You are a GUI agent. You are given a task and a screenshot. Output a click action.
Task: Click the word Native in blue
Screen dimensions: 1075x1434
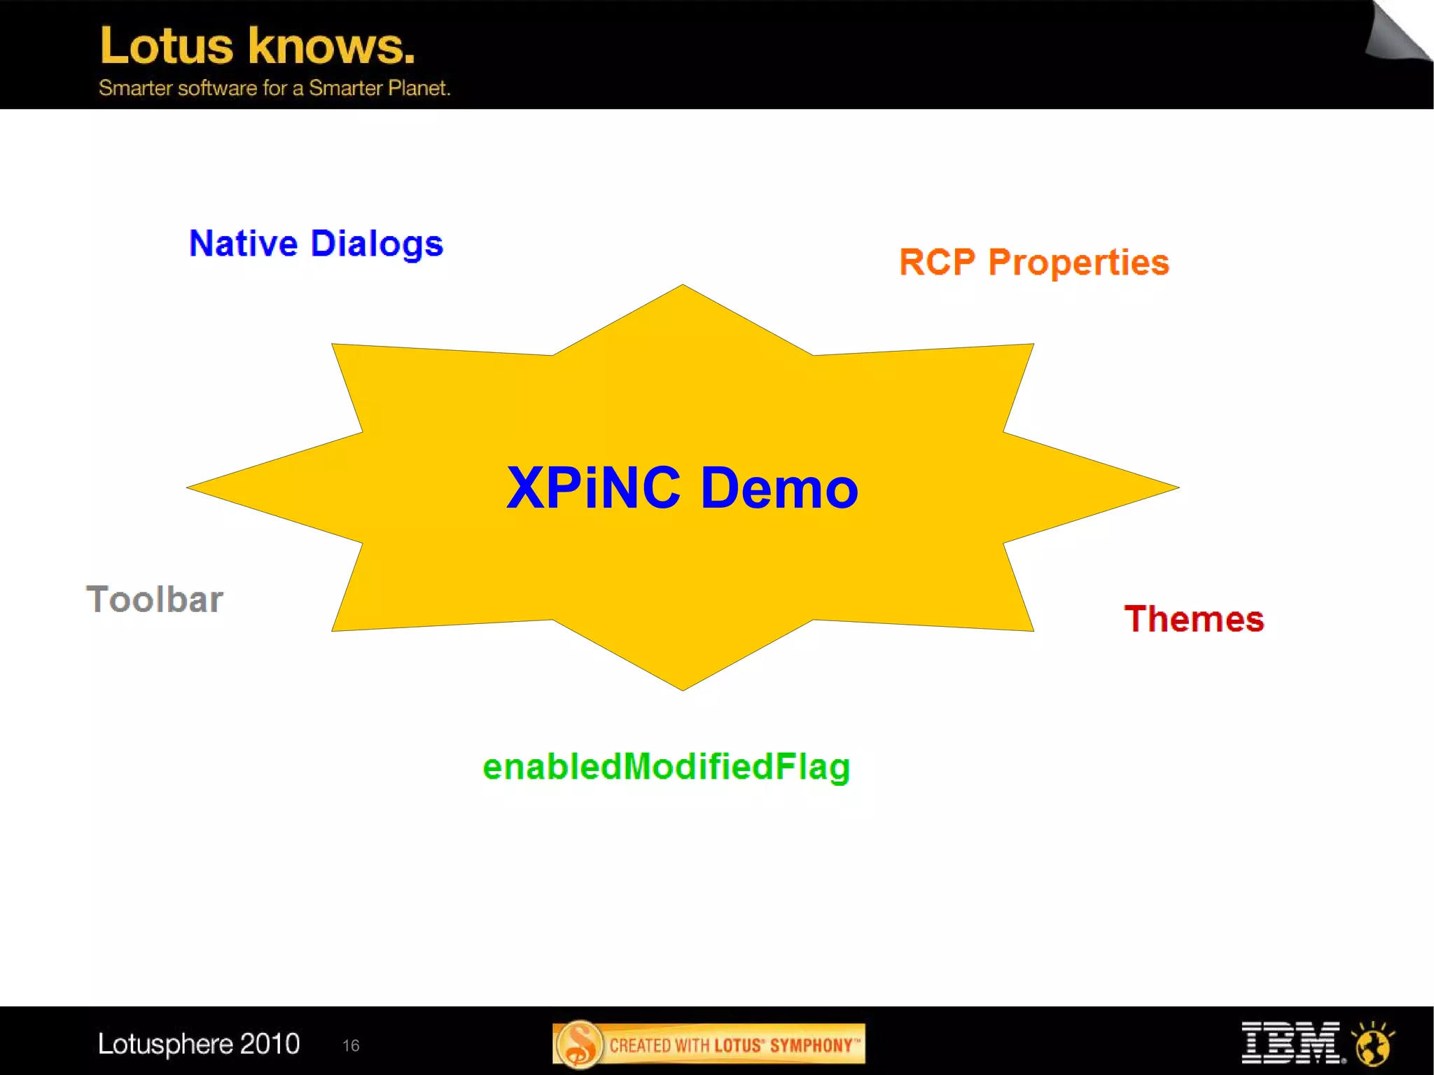pyautogui.click(x=244, y=244)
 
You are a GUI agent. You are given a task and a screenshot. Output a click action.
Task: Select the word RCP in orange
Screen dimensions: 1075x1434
pyautogui.click(x=937, y=263)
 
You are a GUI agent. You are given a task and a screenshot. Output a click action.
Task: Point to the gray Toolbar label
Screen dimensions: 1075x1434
pyautogui.click(x=155, y=599)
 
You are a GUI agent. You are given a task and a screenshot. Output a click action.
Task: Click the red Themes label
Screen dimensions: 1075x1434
pyautogui.click(x=1194, y=619)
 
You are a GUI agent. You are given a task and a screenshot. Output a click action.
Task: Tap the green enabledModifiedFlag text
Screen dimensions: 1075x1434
pyautogui.click(x=667, y=767)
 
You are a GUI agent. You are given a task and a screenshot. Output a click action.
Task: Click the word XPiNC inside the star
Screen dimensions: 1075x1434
pyautogui.click(x=594, y=488)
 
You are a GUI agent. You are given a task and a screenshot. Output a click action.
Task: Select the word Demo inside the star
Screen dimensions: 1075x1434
pyautogui.click(x=779, y=488)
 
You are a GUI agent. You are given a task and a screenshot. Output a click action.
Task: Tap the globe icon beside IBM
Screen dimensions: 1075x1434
pyautogui.click(x=1374, y=1043)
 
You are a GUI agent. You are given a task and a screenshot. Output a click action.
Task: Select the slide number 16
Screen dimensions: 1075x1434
pyautogui.click(x=351, y=1046)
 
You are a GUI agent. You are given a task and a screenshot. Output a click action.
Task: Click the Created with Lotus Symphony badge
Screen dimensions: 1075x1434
pyautogui.click(x=709, y=1045)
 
